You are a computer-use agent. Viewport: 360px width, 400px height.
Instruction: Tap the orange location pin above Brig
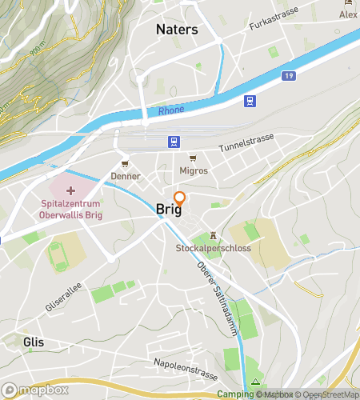click(180, 201)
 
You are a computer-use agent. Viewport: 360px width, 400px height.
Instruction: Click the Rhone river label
click(170, 111)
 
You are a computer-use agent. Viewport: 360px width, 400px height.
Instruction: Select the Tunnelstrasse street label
click(246, 142)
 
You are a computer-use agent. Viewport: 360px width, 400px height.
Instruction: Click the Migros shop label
click(194, 170)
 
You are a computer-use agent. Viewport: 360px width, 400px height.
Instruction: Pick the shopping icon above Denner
click(125, 163)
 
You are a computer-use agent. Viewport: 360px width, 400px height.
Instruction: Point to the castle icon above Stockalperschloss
click(213, 235)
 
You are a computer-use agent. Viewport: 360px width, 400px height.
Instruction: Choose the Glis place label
click(34, 342)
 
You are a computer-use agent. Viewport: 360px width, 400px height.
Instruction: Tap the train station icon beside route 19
click(250, 101)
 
